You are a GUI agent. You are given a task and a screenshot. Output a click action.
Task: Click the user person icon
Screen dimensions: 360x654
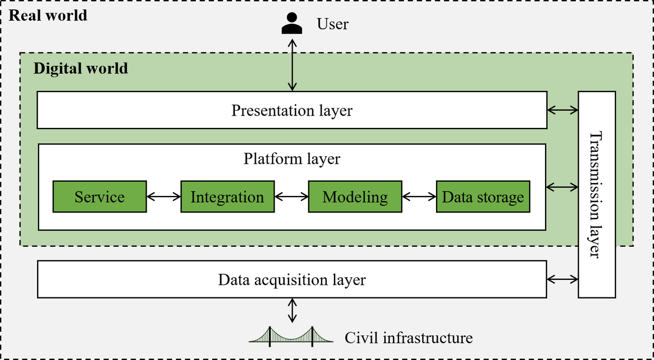tap(292, 23)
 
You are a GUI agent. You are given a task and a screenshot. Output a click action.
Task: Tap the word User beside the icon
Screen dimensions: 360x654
tap(332, 24)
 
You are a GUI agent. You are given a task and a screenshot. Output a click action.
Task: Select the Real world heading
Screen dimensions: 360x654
tap(49, 15)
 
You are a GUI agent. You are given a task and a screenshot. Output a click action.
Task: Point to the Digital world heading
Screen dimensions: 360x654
tap(81, 69)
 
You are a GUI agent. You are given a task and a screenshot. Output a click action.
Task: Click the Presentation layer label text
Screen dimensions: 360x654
tap(292, 111)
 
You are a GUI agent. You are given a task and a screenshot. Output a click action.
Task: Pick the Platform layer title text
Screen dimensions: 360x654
tap(292, 159)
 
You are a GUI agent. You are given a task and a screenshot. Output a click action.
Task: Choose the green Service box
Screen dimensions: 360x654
tap(100, 197)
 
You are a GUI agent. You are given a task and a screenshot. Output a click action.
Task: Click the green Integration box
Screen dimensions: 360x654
tap(227, 197)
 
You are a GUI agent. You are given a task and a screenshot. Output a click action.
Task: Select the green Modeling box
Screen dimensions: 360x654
tap(355, 197)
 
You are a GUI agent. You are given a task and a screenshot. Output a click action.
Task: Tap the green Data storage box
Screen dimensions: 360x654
tap(483, 197)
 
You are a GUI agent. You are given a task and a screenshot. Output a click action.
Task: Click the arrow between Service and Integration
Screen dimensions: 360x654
tap(163, 197)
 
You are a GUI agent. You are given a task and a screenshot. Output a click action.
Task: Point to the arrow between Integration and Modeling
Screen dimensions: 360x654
tap(291, 197)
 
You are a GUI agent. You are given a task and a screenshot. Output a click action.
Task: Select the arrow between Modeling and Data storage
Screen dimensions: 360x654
tap(419, 197)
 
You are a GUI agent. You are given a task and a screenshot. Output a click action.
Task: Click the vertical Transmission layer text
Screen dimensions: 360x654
tap(597, 194)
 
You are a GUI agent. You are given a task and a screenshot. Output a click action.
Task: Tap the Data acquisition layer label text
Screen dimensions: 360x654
tap(292, 280)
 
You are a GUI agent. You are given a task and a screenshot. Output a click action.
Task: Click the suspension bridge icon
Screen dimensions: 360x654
tap(291, 336)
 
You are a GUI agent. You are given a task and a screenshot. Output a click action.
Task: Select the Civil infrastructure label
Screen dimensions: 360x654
tap(408, 338)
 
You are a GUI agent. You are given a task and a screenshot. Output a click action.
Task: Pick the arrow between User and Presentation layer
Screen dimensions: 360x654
tap(293, 64)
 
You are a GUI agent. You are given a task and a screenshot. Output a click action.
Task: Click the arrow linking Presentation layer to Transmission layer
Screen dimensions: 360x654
tap(562, 110)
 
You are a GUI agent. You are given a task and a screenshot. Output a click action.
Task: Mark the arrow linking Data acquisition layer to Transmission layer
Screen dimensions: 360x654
tap(562, 279)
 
